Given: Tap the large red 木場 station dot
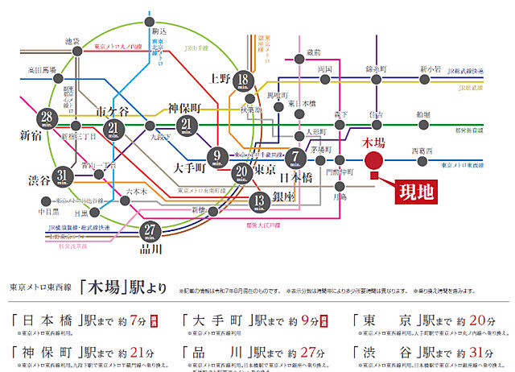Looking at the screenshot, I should coord(373,159).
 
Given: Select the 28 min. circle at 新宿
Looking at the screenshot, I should coord(49,122).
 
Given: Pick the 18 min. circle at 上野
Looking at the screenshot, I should coord(244,82).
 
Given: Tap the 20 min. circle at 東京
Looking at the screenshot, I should coord(242,172).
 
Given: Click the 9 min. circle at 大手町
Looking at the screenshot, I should coord(217,157).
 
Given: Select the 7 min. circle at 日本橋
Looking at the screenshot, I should coord(297,158).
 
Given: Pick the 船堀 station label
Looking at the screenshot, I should coord(422,114).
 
